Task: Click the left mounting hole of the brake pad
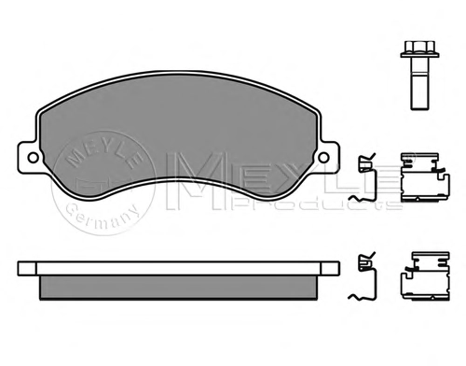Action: coord(33,158)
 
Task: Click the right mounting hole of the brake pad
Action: coord(324,158)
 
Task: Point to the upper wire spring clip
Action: coord(363,178)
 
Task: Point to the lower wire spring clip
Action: coord(363,276)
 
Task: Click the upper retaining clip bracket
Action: coord(425,176)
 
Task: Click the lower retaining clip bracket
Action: coord(425,276)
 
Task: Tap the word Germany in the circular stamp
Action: coord(103,218)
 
